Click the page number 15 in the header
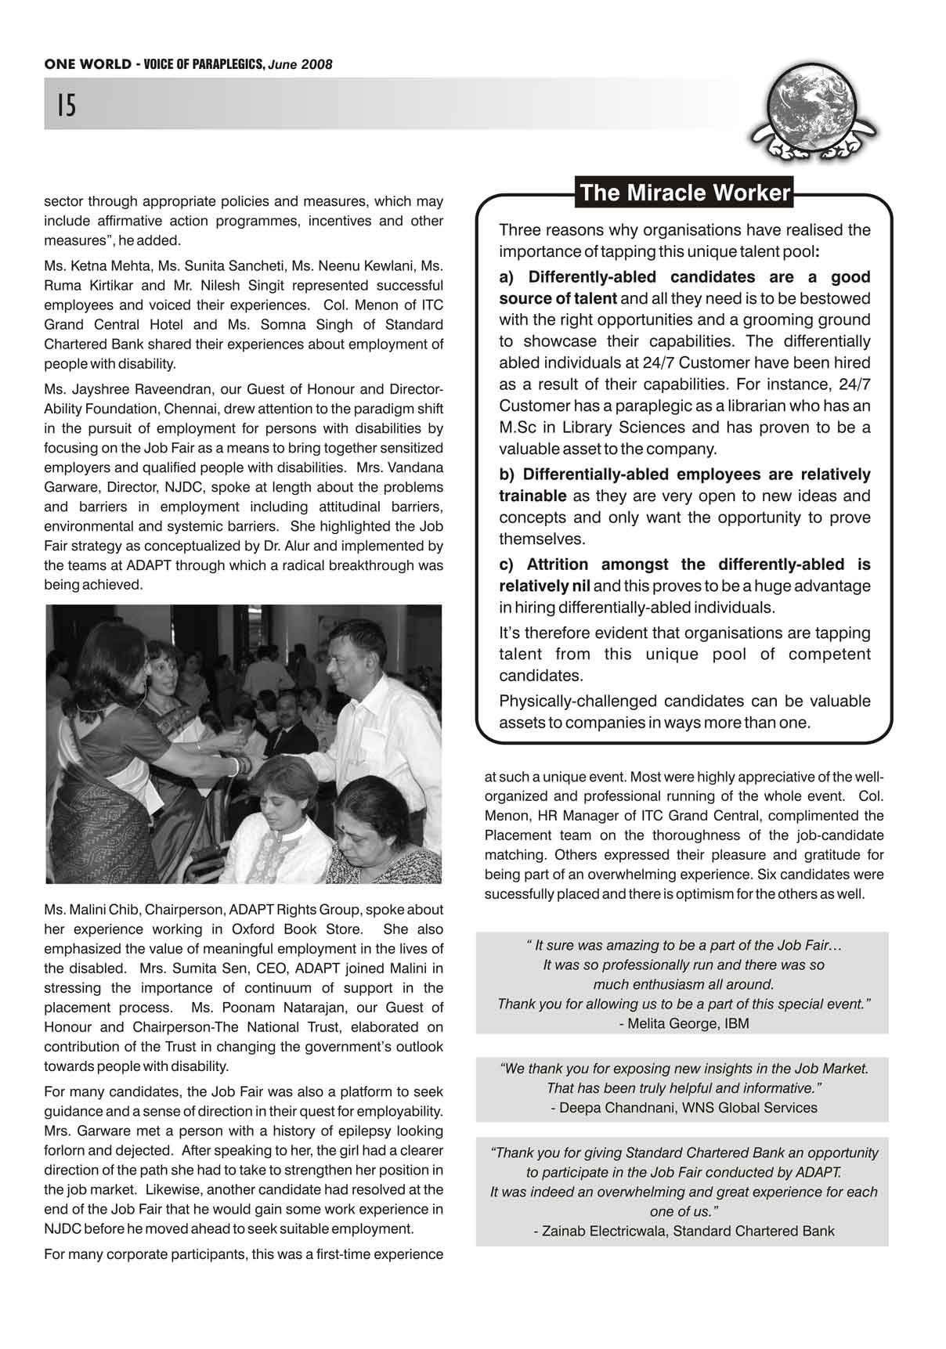pyautogui.click(x=67, y=104)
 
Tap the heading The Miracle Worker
pyautogui.click(x=685, y=193)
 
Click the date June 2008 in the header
pyautogui.click(x=300, y=65)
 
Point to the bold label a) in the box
pyautogui.click(x=507, y=277)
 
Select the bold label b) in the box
pyautogui.click(x=507, y=474)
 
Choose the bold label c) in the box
pyautogui.click(x=507, y=564)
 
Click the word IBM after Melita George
pyautogui.click(x=737, y=1023)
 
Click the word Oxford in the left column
pyautogui.click(x=255, y=929)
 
